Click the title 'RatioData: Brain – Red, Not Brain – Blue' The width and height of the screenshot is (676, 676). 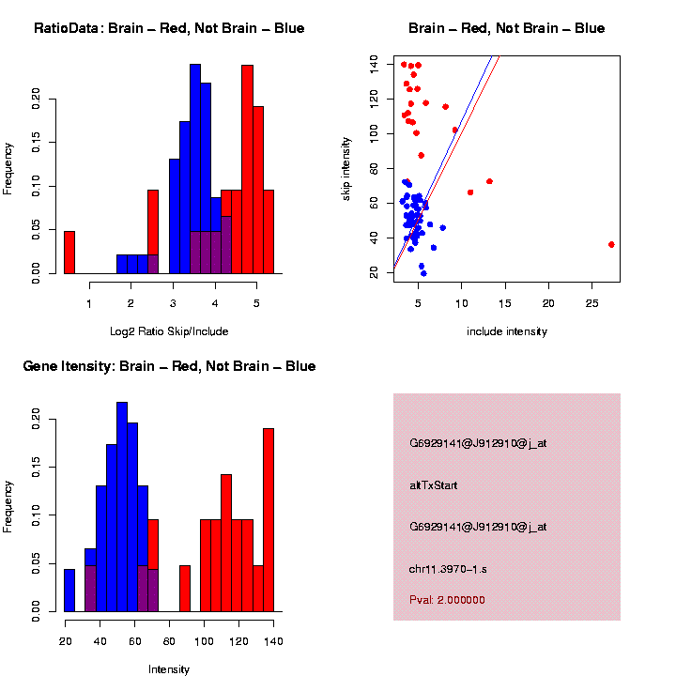click(169, 28)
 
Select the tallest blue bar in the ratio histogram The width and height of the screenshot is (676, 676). click(195, 169)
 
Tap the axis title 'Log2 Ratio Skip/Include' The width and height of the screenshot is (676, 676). click(169, 330)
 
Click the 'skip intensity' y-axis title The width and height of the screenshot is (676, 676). click(346, 166)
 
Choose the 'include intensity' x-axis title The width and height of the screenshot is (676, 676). click(506, 331)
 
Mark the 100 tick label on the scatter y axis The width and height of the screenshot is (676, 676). click(375, 133)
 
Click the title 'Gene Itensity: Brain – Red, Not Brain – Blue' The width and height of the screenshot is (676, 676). click(169, 366)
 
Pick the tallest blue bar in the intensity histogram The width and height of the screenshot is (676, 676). click(122, 507)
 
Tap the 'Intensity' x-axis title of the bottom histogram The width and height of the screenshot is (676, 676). click(169, 669)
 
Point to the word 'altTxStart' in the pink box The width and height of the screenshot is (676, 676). click(433, 485)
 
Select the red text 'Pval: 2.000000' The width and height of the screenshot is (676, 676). click(447, 599)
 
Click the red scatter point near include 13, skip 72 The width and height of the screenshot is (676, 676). click(489, 181)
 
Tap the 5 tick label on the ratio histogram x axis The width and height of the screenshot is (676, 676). click(256, 302)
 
